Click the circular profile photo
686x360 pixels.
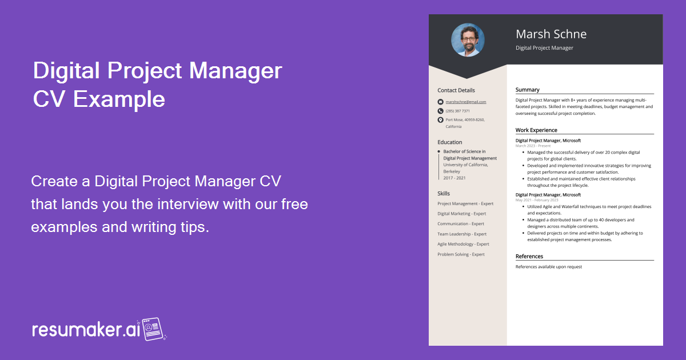[468, 40]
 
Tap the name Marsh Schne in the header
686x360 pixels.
[551, 34]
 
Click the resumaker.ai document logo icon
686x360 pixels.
[153, 329]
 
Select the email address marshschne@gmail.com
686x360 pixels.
[466, 102]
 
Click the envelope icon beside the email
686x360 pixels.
[440, 102]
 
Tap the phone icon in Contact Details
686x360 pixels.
[440, 111]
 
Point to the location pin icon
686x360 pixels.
[440, 120]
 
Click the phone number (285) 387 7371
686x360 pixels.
[458, 111]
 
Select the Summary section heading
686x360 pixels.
[527, 90]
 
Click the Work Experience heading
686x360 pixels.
[536, 130]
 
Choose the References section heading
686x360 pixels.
[529, 257]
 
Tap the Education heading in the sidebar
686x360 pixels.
[450, 142]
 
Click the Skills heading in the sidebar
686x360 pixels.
[444, 194]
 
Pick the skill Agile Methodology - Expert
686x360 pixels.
[463, 244]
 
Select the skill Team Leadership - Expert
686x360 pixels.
[462, 234]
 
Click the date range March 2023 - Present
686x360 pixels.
[533, 146]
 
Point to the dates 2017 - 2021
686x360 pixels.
[454, 178]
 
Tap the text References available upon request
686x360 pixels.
[549, 267]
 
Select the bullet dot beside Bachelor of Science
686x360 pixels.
[438, 151]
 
